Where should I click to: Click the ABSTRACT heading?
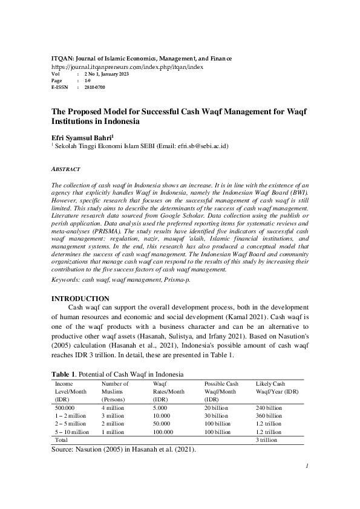66,169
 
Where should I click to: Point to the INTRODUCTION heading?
80,299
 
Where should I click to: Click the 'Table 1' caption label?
64,374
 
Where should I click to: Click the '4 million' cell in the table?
113,409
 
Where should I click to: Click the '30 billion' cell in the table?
217,417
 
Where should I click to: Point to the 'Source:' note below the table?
67,450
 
